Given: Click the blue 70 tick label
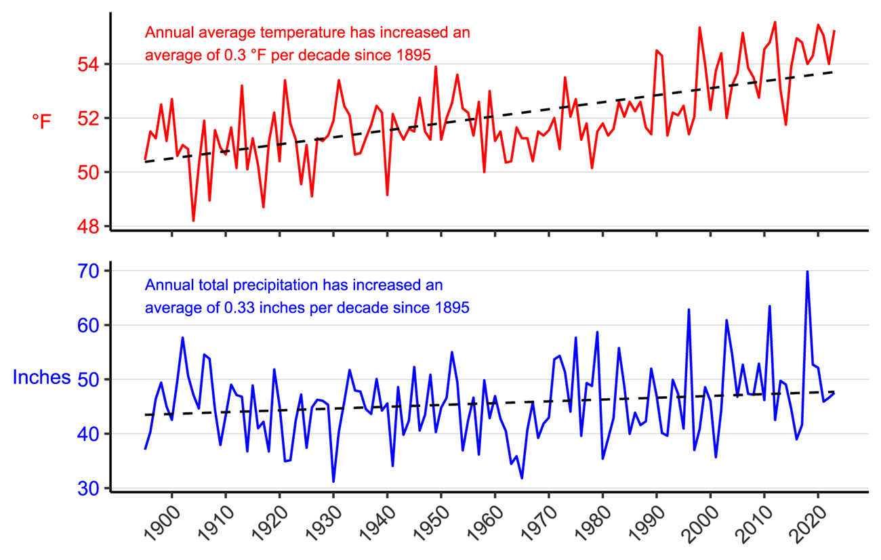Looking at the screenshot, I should click(x=89, y=271).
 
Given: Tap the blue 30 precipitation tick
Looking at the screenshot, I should click(x=89, y=488).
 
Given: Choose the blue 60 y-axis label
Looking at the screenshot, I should click(x=89, y=325).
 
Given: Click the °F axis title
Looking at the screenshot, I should click(x=41, y=121).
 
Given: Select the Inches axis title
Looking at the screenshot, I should click(x=41, y=378).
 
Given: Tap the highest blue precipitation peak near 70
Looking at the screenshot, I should click(x=807, y=272).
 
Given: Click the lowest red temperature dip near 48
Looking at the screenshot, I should click(x=193, y=220).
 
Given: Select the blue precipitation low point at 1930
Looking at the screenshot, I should click(x=333, y=481).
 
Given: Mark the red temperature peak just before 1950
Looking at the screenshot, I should click(x=436, y=67).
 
